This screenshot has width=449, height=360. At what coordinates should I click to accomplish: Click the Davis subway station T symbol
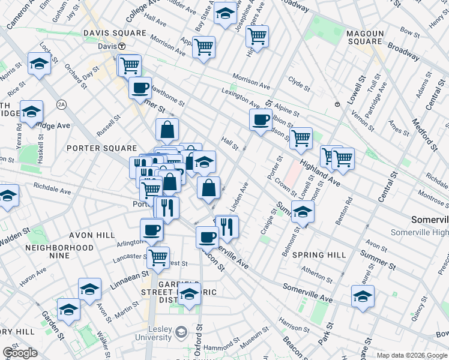[121, 46]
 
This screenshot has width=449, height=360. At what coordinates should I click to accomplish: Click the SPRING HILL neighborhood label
[319, 255]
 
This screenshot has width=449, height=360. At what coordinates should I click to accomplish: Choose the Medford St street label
[423, 133]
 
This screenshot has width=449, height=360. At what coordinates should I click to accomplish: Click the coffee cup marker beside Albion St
[260, 119]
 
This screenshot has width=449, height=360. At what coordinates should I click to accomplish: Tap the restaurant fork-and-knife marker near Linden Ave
[228, 226]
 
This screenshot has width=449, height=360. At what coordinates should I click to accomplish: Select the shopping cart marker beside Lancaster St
[158, 257]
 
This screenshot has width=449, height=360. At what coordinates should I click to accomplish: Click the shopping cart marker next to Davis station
[129, 65]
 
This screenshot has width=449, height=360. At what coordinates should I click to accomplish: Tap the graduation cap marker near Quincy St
[363, 296]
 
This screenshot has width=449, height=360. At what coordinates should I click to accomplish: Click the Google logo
[20, 352]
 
